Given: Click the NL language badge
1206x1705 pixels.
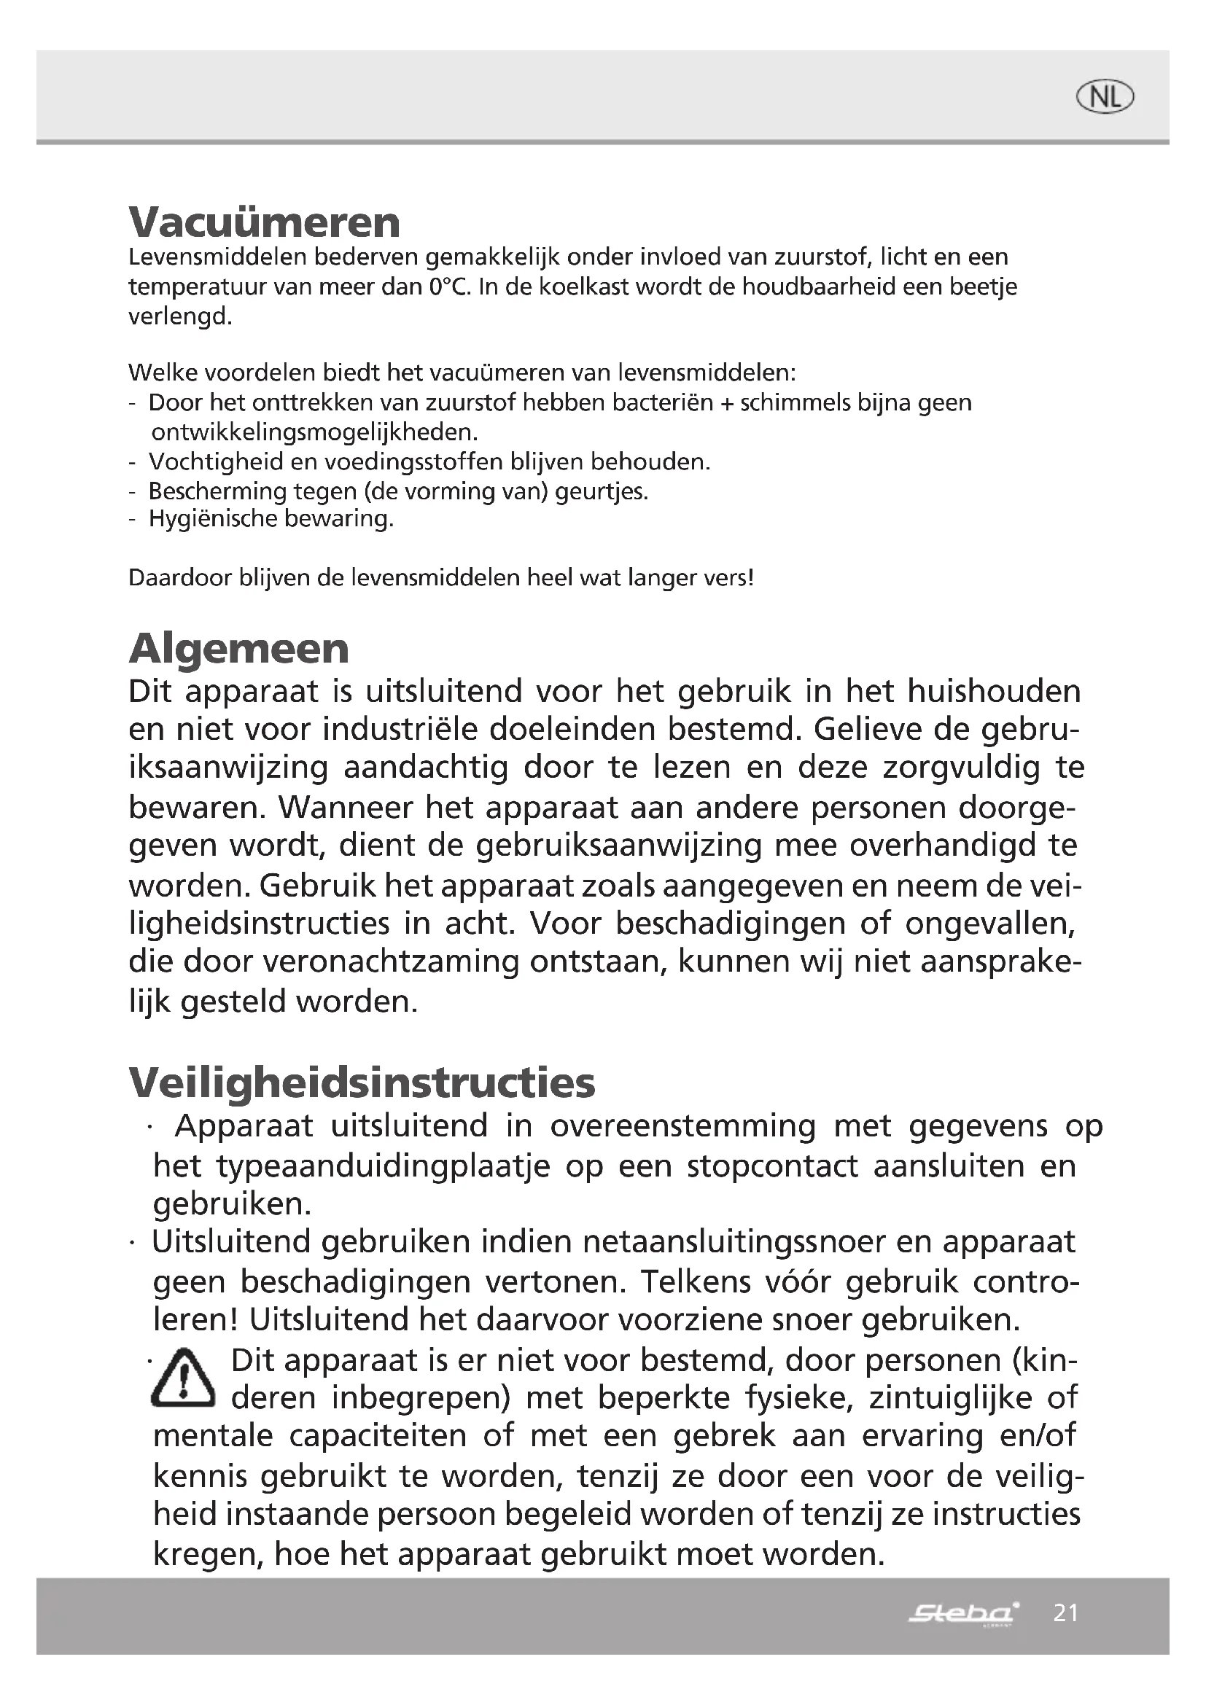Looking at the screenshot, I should pyautogui.click(x=1105, y=97).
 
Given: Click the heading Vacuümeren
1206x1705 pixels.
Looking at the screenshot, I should pyautogui.click(x=265, y=222).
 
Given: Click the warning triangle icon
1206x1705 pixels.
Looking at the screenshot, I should pyautogui.click(x=183, y=1378).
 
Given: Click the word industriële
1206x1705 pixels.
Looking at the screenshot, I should pyautogui.click(x=400, y=729).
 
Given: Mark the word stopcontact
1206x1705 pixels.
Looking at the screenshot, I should pyautogui.click(x=771, y=1166).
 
